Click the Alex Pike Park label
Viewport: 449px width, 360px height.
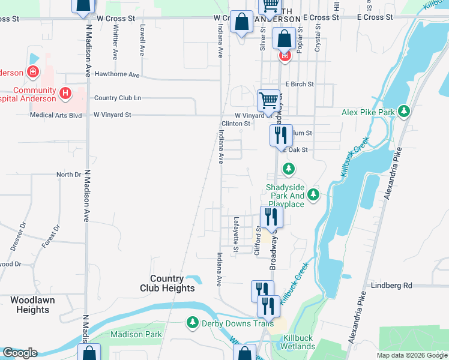click(368, 112)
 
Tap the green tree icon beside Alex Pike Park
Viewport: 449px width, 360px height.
click(404, 112)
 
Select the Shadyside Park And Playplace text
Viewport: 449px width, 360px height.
click(285, 196)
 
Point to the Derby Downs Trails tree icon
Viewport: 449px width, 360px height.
click(193, 323)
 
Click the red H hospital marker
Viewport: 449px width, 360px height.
click(65, 94)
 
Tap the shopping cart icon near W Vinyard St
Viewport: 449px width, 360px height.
click(268, 99)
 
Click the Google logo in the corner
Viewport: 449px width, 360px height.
click(20, 353)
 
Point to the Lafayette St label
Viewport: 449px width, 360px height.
click(236, 234)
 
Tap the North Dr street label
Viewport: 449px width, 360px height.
click(68, 175)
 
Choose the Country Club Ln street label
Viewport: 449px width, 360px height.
click(118, 98)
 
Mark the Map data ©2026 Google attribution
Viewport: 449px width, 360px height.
click(411, 355)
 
